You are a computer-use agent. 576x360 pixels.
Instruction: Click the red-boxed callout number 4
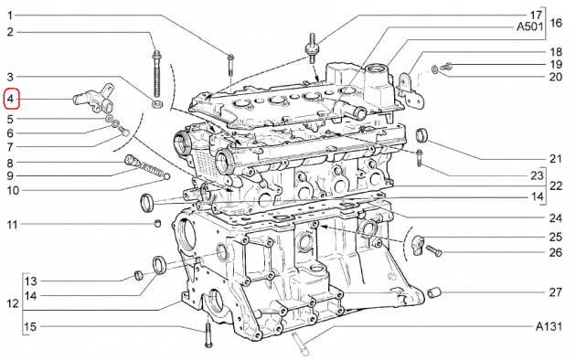pyautogui.click(x=11, y=99)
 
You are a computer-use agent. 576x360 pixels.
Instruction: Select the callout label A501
pyautogui.click(x=529, y=26)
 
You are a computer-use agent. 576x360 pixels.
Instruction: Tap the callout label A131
pyautogui.click(x=549, y=326)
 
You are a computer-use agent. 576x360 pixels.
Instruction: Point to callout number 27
pyautogui.click(x=556, y=292)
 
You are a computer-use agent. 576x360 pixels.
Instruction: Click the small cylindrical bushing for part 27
pyautogui.click(x=434, y=293)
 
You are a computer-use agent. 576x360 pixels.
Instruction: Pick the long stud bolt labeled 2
pyautogui.click(x=157, y=75)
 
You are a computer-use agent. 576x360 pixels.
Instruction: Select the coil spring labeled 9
pyautogui.click(x=151, y=170)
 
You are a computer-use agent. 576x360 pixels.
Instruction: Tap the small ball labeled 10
pyautogui.click(x=166, y=176)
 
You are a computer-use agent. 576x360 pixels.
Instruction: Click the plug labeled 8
pyautogui.click(x=132, y=161)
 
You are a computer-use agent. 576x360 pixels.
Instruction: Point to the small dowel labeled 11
pyautogui.click(x=157, y=223)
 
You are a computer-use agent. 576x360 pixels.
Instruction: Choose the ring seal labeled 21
pyautogui.click(x=421, y=135)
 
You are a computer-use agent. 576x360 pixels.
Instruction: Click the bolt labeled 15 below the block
pyautogui.click(x=208, y=334)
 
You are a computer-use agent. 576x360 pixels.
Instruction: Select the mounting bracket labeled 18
pyautogui.click(x=411, y=91)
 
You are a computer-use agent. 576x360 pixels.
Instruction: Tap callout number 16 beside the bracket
pyautogui.click(x=556, y=23)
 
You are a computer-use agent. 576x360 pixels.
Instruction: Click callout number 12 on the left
pyautogui.click(x=13, y=304)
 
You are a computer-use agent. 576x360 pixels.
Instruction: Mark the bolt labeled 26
pyautogui.click(x=433, y=250)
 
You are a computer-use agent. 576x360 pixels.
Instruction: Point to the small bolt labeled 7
pyautogui.click(x=123, y=131)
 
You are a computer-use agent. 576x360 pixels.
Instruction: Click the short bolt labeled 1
pyautogui.click(x=230, y=65)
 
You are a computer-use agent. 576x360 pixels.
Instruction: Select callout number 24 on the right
pyautogui.click(x=556, y=218)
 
